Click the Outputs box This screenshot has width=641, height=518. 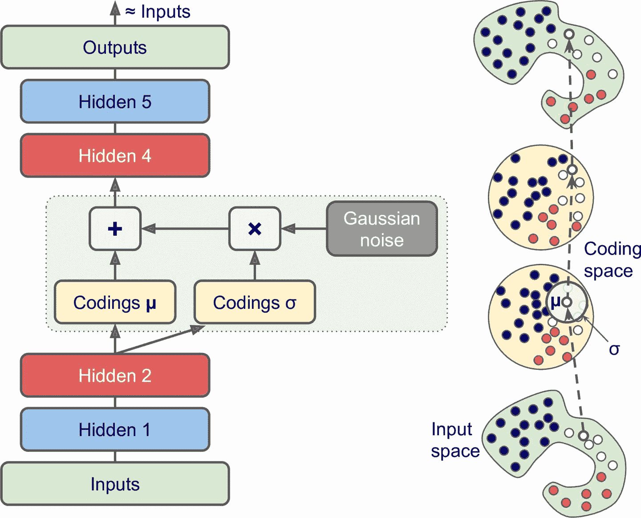point(115,47)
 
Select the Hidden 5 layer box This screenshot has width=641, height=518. point(115,101)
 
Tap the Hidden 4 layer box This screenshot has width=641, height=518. point(115,156)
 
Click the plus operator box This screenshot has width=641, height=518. point(115,229)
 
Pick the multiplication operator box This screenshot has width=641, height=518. point(255,229)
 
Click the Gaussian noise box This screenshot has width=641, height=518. point(382,229)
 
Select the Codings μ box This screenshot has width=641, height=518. point(115,302)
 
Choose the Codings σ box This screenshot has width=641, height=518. point(255,302)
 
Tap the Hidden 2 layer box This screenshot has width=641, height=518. point(115,375)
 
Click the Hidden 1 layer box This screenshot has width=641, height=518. point(115,429)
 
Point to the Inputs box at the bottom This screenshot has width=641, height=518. point(115,484)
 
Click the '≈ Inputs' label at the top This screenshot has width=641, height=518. point(158,12)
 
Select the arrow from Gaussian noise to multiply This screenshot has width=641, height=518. point(304,229)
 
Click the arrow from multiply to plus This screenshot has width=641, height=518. point(185,229)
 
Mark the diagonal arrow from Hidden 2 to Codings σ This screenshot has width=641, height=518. point(160,340)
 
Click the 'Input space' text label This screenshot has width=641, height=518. point(454,440)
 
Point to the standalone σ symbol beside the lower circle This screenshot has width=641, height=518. point(614,350)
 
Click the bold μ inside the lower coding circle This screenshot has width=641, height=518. point(555,302)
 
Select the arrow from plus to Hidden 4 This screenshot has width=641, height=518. point(115,192)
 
